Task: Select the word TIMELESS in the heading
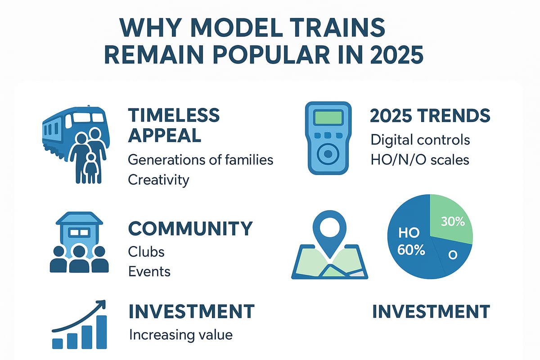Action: [174, 115]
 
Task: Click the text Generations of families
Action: [200, 159]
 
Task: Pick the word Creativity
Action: [158, 180]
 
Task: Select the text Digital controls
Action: [420, 139]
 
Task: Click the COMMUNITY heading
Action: [190, 229]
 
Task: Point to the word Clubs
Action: [146, 251]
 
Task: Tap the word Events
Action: [149, 271]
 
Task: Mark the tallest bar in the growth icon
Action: [102, 332]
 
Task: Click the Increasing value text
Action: [180, 335]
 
